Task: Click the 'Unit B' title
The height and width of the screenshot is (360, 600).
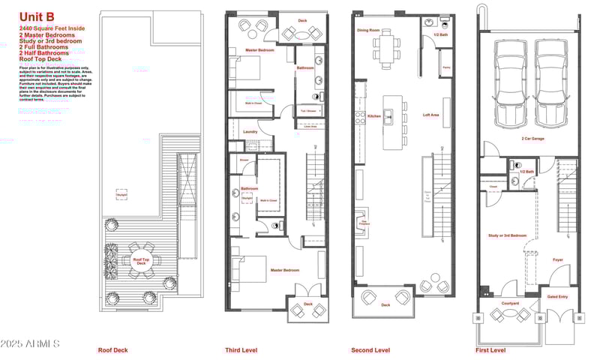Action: click(37, 16)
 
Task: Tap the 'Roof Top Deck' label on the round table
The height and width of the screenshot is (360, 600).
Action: click(139, 262)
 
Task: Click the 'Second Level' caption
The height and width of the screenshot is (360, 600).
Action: click(370, 349)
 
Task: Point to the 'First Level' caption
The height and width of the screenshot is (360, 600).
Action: click(490, 349)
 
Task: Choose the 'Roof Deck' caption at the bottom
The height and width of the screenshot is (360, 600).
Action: click(112, 349)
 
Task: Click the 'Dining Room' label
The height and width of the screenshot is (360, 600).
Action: click(368, 31)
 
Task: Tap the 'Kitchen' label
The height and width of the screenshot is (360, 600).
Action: click(374, 116)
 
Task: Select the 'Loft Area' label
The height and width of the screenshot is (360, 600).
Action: click(431, 115)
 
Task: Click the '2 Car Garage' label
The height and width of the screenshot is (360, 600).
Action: click(533, 139)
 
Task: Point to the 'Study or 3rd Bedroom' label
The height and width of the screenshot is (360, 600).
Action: click(508, 235)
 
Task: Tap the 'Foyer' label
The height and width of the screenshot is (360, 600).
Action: click(558, 260)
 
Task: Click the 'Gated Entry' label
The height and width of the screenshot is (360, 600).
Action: click(558, 296)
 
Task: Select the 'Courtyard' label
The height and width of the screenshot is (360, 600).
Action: click(511, 303)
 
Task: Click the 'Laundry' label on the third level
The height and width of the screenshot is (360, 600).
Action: click(250, 132)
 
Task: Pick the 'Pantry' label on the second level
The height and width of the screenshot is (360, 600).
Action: click(445, 67)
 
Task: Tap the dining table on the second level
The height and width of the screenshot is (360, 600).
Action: click(386, 49)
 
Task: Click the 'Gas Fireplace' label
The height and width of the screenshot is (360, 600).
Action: click(364, 222)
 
